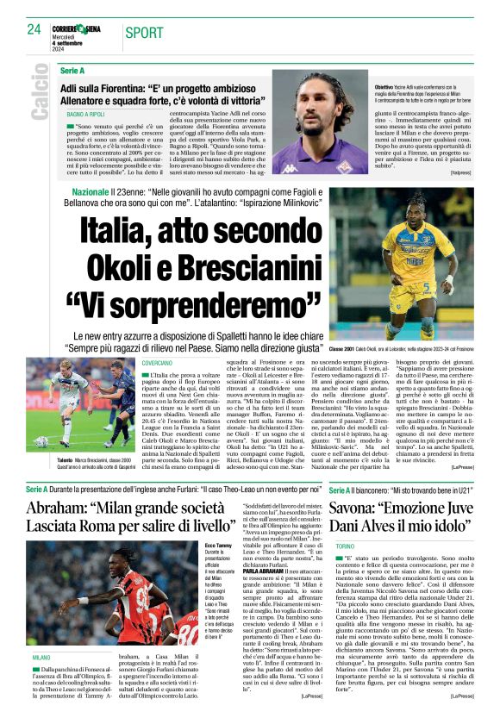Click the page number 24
tap(34, 30)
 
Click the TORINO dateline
tap(345, 546)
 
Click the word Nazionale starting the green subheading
tap(91, 190)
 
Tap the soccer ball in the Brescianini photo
tap(41, 442)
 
